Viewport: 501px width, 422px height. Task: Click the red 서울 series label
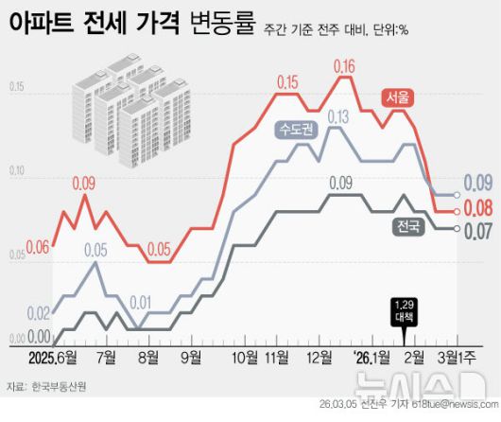coord(399,97)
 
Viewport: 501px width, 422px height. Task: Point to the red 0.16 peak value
coord(344,66)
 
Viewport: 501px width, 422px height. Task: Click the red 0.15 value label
coord(287,81)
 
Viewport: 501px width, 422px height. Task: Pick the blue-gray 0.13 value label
coord(337,115)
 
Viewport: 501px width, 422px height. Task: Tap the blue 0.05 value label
coord(95,250)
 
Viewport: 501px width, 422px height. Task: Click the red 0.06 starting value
coord(37,248)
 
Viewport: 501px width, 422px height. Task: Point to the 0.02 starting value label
coord(39,313)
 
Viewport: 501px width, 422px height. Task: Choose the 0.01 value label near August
coord(140,303)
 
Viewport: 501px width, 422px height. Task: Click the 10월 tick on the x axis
coord(244,358)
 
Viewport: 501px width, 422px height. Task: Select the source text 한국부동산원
coord(59,386)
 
